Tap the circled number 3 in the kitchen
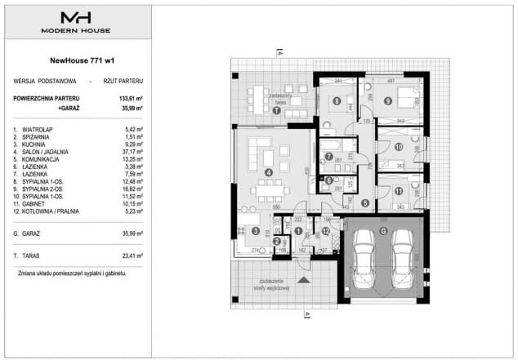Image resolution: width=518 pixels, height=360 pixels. tap(256, 232)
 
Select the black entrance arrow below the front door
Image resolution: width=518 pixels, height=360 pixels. tap(305, 280)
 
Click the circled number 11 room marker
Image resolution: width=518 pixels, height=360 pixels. tap(399, 192)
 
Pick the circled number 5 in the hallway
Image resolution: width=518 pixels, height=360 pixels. tap(366, 203)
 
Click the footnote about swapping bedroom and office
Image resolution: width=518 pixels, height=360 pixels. tap(72, 273)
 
